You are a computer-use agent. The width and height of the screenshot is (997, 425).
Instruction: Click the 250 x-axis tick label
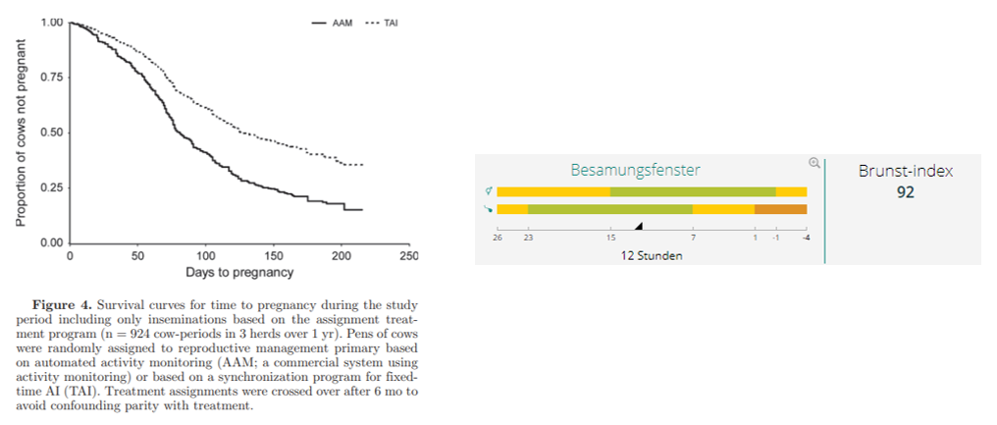click(409, 255)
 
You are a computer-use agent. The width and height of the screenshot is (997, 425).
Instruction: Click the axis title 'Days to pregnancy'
click(239, 271)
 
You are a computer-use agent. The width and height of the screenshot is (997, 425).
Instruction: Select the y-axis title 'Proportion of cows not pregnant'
click(21, 132)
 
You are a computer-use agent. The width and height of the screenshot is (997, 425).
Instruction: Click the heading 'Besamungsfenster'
click(635, 170)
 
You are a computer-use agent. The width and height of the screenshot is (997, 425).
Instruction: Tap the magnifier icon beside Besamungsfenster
click(813, 163)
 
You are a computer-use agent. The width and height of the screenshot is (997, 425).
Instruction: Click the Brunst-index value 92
click(905, 192)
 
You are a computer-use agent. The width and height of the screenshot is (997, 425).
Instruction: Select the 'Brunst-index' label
click(905, 171)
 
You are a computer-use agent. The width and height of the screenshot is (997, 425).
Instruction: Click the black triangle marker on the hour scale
click(639, 225)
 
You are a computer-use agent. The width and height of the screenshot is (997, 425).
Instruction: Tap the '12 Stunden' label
click(651, 255)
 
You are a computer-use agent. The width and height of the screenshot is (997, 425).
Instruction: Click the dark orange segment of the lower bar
click(780, 208)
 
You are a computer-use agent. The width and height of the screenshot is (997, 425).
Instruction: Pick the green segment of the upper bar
click(692, 191)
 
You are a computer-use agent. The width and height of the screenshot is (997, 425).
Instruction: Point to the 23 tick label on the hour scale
click(528, 237)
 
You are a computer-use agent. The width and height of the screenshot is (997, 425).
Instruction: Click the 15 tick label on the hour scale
click(610, 237)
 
